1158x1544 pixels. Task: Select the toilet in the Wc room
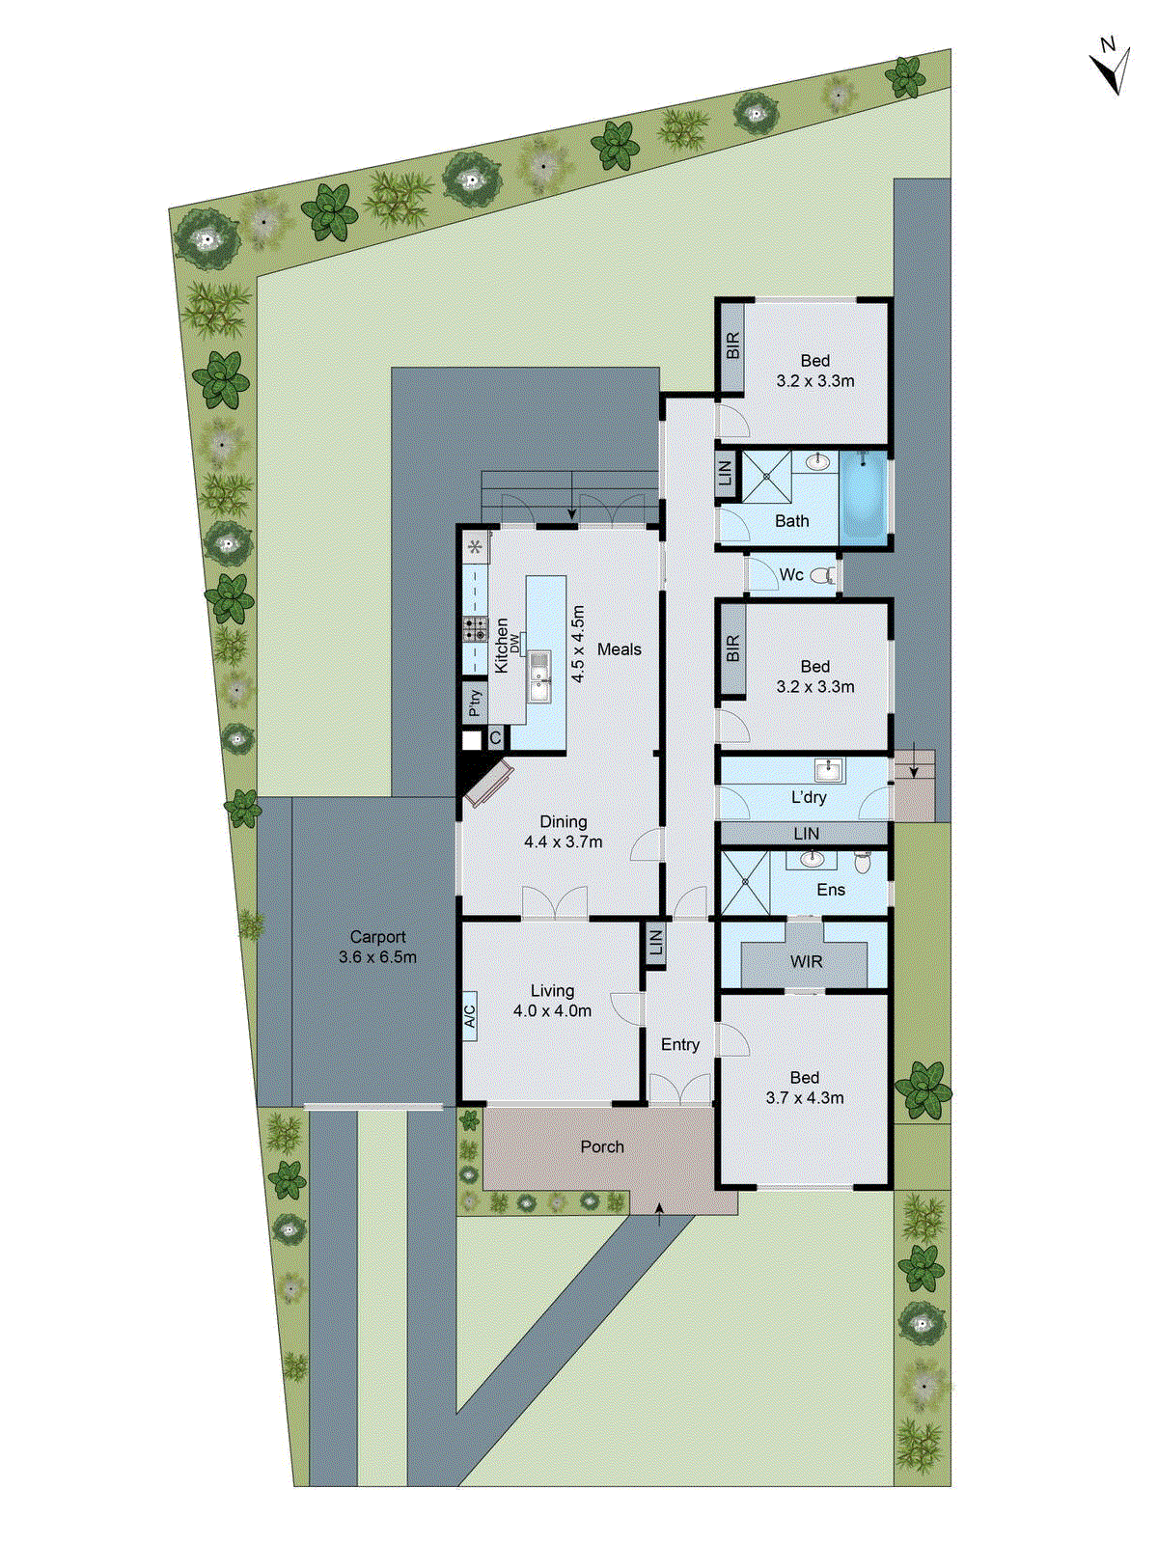click(x=823, y=576)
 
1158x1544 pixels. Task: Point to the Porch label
click(x=602, y=1147)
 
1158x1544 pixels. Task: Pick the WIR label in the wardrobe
click(x=806, y=962)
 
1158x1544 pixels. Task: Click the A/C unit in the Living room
click(x=470, y=1016)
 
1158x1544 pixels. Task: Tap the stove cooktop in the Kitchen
click(x=475, y=629)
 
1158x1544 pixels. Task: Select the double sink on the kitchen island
click(x=538, y=675)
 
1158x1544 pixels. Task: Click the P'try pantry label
click(x=474, y=702)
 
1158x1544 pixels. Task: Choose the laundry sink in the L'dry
click(x=829, y=770)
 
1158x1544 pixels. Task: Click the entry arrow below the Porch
click(x=660, y=1214)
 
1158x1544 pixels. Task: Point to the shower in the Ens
click(x=744, y=883)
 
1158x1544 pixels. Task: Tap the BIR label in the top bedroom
click(x=732, y=345)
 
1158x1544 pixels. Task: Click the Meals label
click(x=619, y=649)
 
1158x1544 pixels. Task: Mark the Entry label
click(x=679, y=1045)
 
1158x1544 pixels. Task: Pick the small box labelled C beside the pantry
click(x=495, y=739)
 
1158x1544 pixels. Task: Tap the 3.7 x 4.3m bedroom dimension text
click(x=805, y=1098)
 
